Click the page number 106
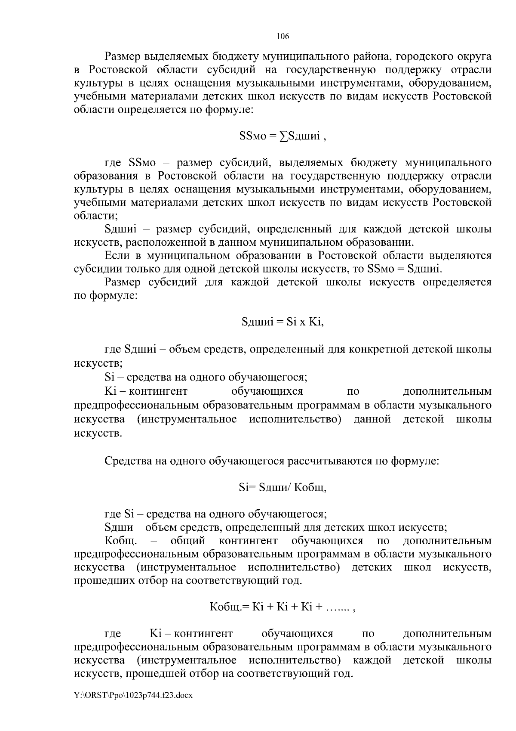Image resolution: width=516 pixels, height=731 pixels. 283,37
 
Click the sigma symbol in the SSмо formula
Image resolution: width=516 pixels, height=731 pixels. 284,136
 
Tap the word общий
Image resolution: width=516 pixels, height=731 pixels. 188,541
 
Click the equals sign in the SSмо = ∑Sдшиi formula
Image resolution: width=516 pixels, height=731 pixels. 271,136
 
